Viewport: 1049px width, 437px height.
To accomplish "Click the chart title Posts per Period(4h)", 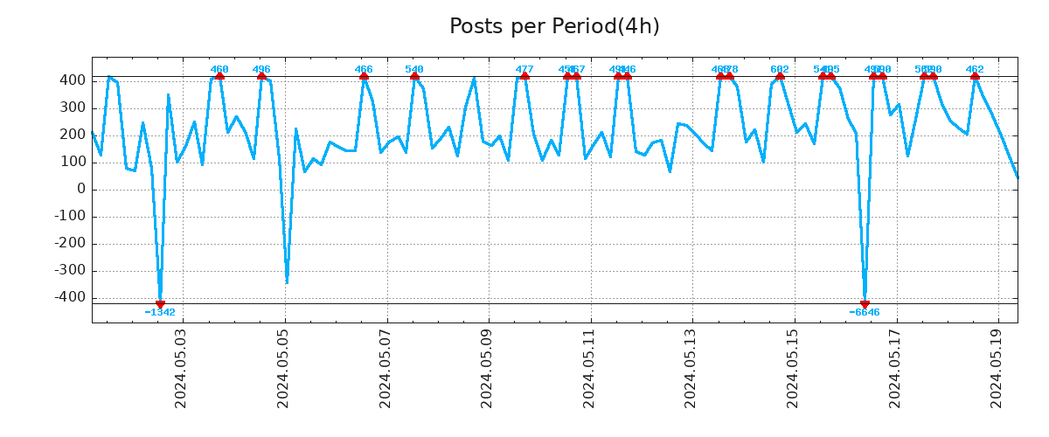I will (x=554, y=27).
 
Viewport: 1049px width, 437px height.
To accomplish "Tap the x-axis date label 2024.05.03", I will (x=181, y=368).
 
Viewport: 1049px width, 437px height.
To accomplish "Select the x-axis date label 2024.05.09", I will (x=487, y=368).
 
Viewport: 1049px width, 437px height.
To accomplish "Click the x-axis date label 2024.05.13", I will (x=691, y=368).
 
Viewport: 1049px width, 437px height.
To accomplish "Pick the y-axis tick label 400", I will (x=73, y=80).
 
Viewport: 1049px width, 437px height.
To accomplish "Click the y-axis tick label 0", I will (x=80, y=190).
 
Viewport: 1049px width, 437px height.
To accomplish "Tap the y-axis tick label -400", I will (x=69, y=298).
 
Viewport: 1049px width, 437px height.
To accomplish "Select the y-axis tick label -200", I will (x=69, y=244).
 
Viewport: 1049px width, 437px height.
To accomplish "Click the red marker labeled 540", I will (x=414, y=76).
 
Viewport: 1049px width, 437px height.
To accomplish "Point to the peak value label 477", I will (x=524, y=69).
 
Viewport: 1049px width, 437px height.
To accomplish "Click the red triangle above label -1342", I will (x=160, y=303).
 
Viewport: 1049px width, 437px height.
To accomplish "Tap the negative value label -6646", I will (x=865, y=313).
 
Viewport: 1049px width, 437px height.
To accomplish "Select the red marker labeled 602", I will (x=780, y=76).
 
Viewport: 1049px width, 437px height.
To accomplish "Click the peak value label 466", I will (x=364, y=69).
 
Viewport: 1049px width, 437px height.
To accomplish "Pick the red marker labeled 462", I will (x=975, y=76).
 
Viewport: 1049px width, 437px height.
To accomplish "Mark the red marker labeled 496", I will (x=261, y=76).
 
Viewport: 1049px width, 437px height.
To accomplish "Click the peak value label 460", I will (x=219, y=69).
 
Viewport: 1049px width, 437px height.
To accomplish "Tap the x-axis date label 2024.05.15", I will (x=794, y=368).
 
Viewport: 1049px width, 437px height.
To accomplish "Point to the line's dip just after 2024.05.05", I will (x=287, y=281).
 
